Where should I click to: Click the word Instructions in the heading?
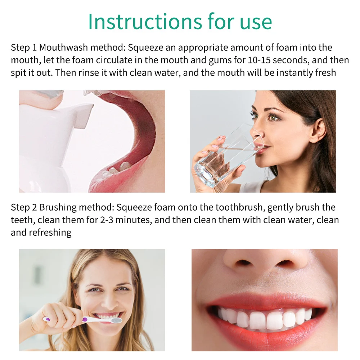(145, 22)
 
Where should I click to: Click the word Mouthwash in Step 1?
(64, 48)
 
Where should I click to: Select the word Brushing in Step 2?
(58, 208)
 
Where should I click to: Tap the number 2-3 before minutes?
(107, 220)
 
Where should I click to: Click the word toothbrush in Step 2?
(239, 207)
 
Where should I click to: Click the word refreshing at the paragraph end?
(50, 233)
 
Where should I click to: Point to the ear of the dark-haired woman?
(318, 130)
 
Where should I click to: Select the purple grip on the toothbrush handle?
(85, 319)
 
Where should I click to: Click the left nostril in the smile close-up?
(242, 263)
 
